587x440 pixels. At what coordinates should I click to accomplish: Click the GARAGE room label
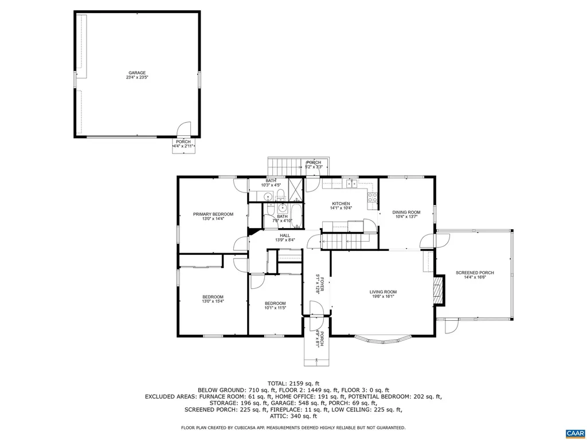pyautogui.click(x=136, y=73)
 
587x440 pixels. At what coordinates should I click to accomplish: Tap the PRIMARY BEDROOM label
pyautogui.click(x=213, y=214)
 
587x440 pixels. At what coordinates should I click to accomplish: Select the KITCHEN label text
pyautogui.click(x=341, y=204)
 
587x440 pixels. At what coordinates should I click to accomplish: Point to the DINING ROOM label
pyautogui.click(x=406, y=213)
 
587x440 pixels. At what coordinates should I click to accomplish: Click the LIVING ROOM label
pyautogui.click(x=383, y=292)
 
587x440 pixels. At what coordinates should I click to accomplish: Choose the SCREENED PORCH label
pyautogui.click(x=475, y=273)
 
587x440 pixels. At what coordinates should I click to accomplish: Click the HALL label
pyautogui.click(x=285, y=235)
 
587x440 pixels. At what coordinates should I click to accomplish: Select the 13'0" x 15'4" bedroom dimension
pyautogui.click(x=213, y=301)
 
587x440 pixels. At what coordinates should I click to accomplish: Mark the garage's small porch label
pyautogui.click(x=183, y=142)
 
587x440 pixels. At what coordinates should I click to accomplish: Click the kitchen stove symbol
pyautogui.click(x=373, y=197)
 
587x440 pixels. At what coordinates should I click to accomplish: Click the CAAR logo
pyautogui.click(x=574, y=433)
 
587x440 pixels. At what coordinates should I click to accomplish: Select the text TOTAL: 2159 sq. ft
pyautogui.click(x=293, y=383)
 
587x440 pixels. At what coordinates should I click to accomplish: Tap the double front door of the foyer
pyautogui.click(x=317, y=311)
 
